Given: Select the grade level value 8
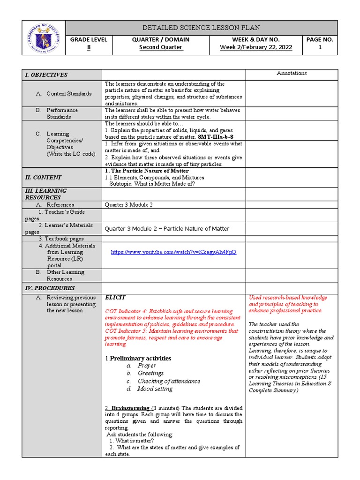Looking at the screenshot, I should coord(89,47).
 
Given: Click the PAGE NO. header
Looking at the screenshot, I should coord(320,40).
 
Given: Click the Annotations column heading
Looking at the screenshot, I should coord(292,73).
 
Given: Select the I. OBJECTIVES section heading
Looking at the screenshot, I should coord(46,75).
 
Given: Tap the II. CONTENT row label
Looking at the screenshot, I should coord(43,178).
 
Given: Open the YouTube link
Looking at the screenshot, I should coord(173,252).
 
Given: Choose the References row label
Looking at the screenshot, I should coord(60,205).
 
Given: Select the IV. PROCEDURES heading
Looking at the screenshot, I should coord(49,288).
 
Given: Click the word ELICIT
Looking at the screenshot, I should coord(115,298).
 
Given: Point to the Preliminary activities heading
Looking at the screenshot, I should coord(140,359).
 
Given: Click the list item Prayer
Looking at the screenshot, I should coord(147,366).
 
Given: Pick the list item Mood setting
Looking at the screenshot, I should coord(155,389).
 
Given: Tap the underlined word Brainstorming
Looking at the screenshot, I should coord(129,408).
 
